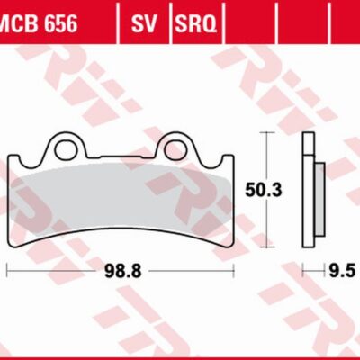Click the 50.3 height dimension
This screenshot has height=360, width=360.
(x=260, y=189)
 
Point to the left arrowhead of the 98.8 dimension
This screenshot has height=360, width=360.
(x=9, y=269)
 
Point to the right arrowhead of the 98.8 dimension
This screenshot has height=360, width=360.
(x=231, y=269)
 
